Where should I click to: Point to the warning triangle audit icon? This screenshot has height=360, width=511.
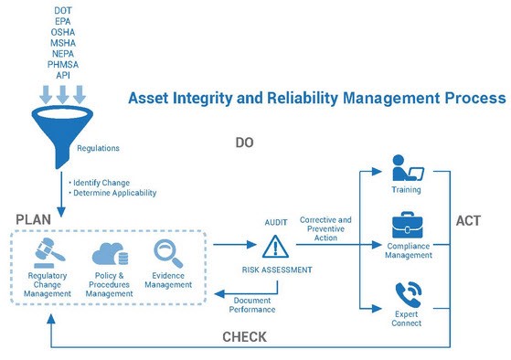point(274,247)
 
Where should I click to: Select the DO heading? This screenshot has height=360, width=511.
point(244,143)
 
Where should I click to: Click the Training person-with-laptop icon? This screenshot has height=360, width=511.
point(406,170)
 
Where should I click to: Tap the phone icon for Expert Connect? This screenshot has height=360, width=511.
point(408,295)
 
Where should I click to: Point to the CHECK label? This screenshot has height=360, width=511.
point(245,337)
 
